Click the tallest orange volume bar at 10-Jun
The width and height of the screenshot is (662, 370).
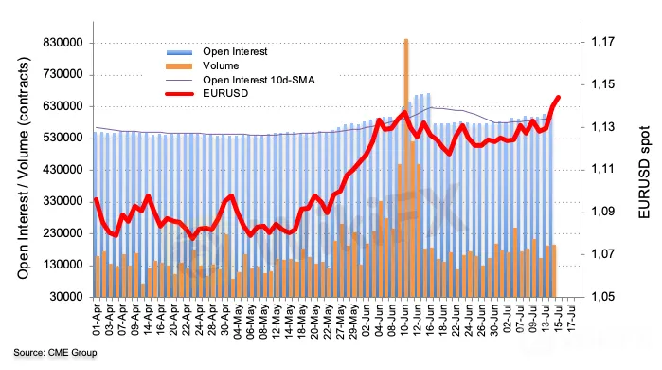pyautogui.click(x=406, y=168)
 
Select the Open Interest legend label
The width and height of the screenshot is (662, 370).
pyautogui.click(x=235, y=51)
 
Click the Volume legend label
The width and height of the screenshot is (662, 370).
pyautogui.click(x=221, y=65)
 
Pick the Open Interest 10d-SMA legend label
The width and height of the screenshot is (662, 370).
pyautogui.click(x=259, y=80)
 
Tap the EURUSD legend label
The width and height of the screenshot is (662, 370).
pyautogui.click(x=225, y=93)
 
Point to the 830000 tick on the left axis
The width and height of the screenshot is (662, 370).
pyautogui.click(x=63, y=43)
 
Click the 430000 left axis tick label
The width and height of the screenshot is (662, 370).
pyautogui.click(x=63, y=170)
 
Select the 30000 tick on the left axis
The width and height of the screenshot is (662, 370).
pyautogui.click(x=66, y=297)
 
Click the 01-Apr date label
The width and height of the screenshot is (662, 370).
pyautogui.click(x=98, y=320)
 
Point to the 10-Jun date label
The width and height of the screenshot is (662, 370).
pyautogui.click(x=405, y=320)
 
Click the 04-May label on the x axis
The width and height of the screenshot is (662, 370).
pyautogui.click(x=239, y=320)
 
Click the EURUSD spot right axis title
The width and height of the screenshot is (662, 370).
pyautogui.click(x=644, y=172)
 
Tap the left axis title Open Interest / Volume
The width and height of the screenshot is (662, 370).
pyautogui.click(x=24, y=168)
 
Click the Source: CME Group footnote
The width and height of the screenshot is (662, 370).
pyautogui.click(x=55, y=352)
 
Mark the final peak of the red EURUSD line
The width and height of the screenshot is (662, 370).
pyautogui.click(x=558, y=98)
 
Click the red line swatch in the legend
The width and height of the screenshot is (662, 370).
pyautogui.click(x=179, y=94)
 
